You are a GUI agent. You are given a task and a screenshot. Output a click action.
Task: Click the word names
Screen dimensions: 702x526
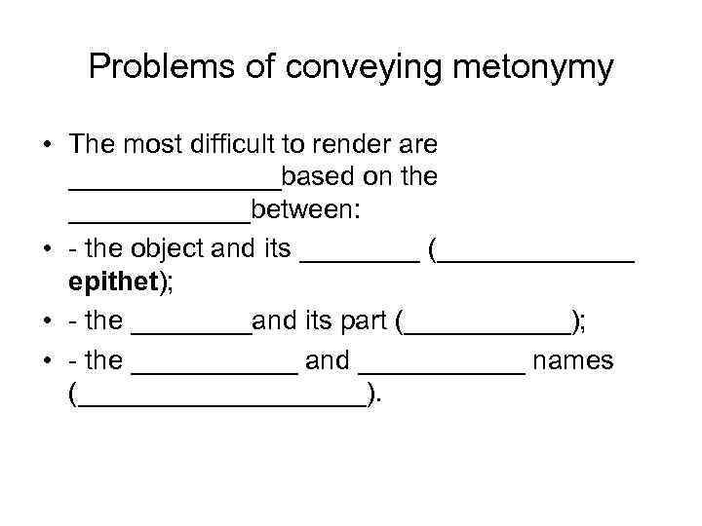[x=574, y=360]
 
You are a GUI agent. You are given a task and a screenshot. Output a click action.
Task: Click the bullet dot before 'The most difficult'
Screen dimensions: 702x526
[x=48, y=144]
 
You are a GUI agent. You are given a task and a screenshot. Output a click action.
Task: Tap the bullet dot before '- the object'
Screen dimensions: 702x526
[x=48, y=249]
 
